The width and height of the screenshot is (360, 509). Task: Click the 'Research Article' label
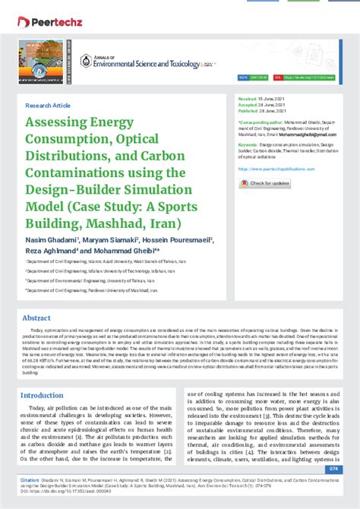[x=48, y=106]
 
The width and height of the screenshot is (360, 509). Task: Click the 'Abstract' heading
[x=36, y=318]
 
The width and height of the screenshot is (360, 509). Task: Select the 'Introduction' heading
[x=42, y=395]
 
